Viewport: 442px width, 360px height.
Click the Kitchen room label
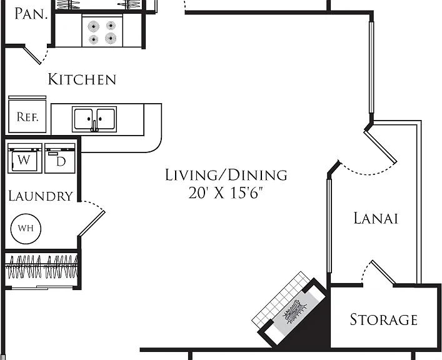pyautogui.click(x=82, y=79)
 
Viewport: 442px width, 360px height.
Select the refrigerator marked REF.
pyautogui.click(x=27, y=114)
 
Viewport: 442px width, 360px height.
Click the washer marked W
pyautogui.click(x=25, y=158)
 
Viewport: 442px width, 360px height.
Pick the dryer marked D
pyautogui.click(x=60, y=158)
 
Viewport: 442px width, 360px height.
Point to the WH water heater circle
pyautogui.click(x=26, y=229)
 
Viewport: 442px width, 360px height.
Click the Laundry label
pyautogui.click(x=41, y=196)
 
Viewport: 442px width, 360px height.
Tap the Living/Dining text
pyautogui.click(x=226, y=175)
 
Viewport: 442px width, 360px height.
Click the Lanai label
pyautogui.click(x=376, y=218)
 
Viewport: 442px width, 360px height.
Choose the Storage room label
pyautogui.click(x=384, y=319)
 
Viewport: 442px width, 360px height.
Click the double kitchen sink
pyautogui.click(x=94, y=119)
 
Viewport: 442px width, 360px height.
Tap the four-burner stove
pyautogui.click(x=103, y=31)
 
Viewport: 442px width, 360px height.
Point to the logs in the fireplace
pyautogui.click(x=295, y=311)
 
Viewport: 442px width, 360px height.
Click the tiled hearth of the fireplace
pyautogui.click(x=281, y=299)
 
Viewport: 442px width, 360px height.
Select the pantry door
pyautogui.click(x=32, y=55)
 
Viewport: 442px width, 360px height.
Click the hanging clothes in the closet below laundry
pyautogui.click(x=42, y=267)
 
